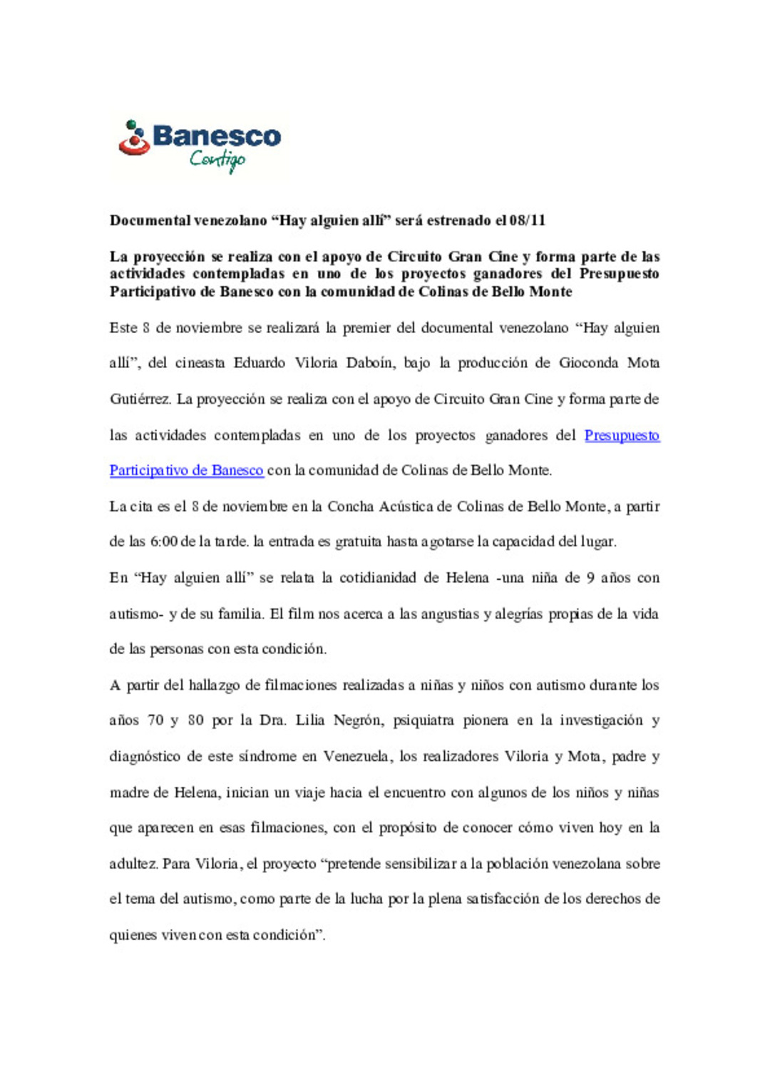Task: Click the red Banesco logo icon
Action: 134,138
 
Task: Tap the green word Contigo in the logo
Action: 217,160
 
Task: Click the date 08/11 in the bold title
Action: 528,220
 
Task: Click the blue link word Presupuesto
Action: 622,435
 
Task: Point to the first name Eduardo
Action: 260,363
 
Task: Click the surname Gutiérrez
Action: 140,399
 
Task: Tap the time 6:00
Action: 163,542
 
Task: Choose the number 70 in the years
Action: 155,720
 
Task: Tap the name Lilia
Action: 310,720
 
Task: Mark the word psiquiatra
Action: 423,720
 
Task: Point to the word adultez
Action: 133,864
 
